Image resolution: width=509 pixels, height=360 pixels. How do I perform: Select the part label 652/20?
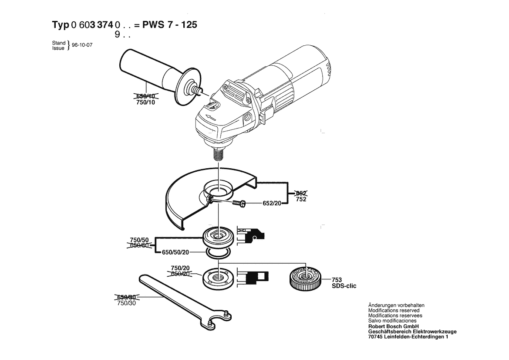click(272, 203)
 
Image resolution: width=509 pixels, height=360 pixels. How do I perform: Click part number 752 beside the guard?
click(301, 199)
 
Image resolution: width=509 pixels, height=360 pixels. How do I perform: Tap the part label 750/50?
click(139, 240)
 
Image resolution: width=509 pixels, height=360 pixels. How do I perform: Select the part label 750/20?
click(180, 268)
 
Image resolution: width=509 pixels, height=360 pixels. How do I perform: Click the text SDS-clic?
click(344, 286)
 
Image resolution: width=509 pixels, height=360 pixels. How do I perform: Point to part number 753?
click(337, 280)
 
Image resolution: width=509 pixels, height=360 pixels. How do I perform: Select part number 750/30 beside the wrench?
click(127, 303)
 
